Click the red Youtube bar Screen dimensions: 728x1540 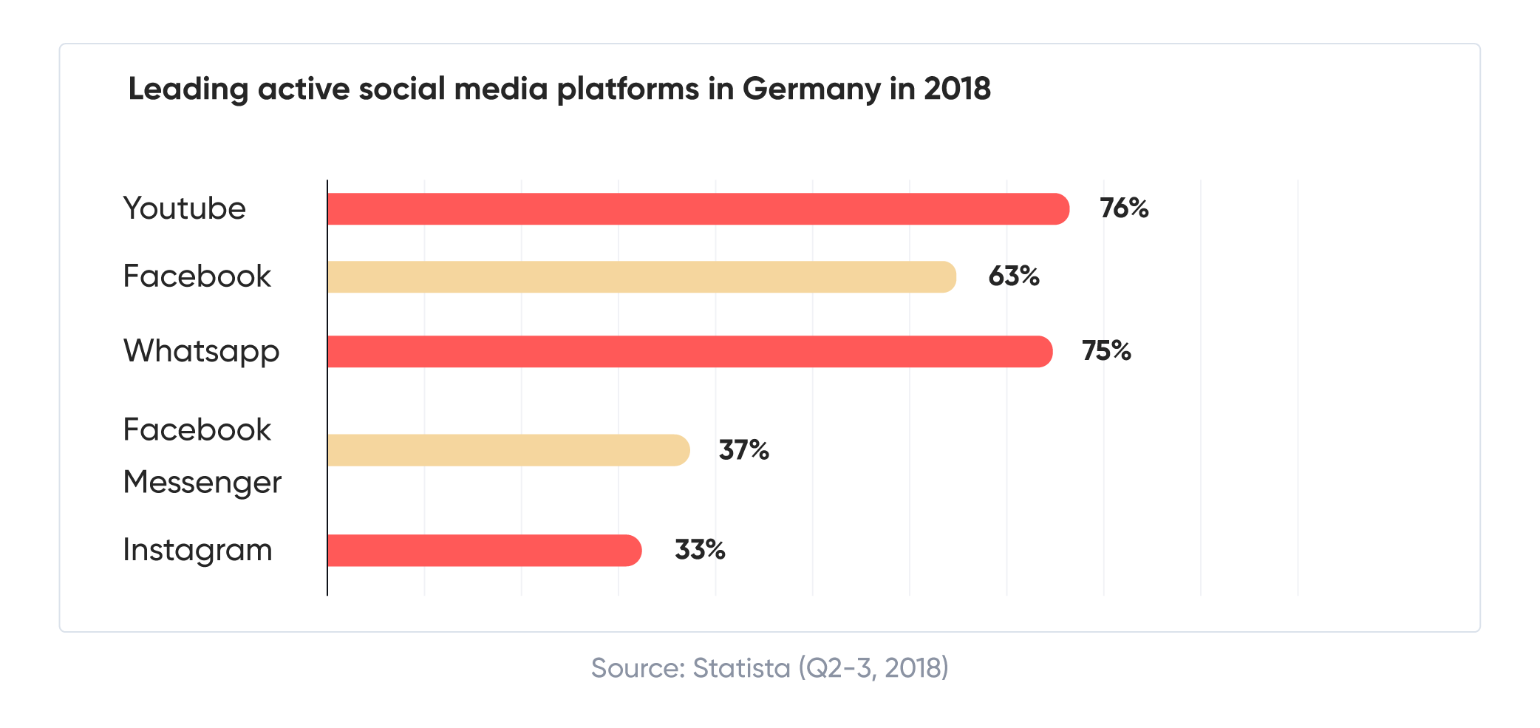click(698, 209)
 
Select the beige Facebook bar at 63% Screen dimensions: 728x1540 click(641, 277)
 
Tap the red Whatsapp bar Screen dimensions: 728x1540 click(689, 352)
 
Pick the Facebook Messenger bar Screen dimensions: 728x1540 click(508, 450)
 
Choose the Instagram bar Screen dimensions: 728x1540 click(484, 551)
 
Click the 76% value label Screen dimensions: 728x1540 click(1124, 208)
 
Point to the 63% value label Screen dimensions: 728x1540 click(1014, 276)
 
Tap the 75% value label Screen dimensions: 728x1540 click(1106, 351)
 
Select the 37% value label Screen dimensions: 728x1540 click(743, 450)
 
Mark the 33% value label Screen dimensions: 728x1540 click(699, 550)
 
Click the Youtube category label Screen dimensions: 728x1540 click(184, 208)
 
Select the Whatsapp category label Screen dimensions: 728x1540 click(201, 352)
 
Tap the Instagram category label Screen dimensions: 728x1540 click(197, 551)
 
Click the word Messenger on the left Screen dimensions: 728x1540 click(202, 483)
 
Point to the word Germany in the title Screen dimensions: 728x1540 click(811, 89)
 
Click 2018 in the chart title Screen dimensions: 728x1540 click(957, 89)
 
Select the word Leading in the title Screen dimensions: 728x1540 click(188, 89)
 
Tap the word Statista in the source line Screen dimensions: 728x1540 click(741, 668)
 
